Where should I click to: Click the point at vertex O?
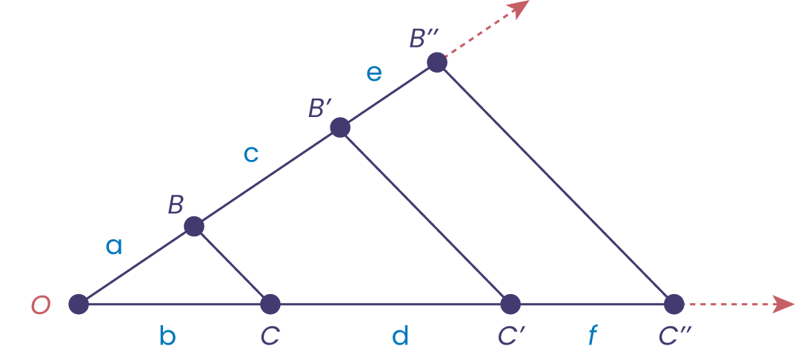point(79,304)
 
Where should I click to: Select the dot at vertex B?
point(194,226)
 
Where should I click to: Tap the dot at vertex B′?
point(340,127)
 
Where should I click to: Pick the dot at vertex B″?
point(437,62)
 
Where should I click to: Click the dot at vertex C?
point(270,304)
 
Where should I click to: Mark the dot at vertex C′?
point(510,304)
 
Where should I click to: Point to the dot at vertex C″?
point(673,304)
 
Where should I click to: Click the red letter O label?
point(40,305)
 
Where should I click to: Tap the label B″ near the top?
point(426,38)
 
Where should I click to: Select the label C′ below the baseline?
point(512,337)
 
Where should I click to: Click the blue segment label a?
point(113,246)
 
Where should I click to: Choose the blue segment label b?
point(167,337)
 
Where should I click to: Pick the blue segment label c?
point(251,154)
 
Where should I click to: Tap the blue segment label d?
point(400,337)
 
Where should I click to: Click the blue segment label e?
point(374,73)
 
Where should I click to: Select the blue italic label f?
point(592,337)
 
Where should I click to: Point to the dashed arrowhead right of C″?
point(784,304)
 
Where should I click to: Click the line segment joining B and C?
point(232,264)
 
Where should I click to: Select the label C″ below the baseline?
point(675,337)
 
